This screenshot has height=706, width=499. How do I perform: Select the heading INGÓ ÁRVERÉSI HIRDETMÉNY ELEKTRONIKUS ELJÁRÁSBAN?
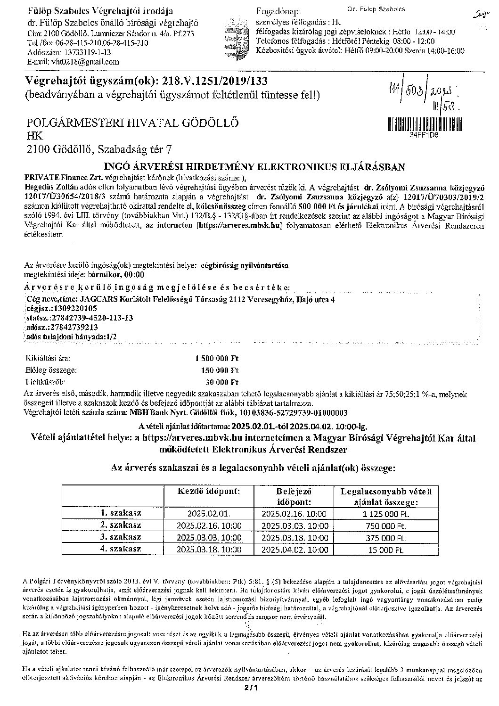click(x=254, y=167)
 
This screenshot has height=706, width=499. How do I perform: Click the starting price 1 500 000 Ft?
click(x=217, y=358)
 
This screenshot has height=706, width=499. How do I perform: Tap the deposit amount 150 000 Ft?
click(x=220, y=370)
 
